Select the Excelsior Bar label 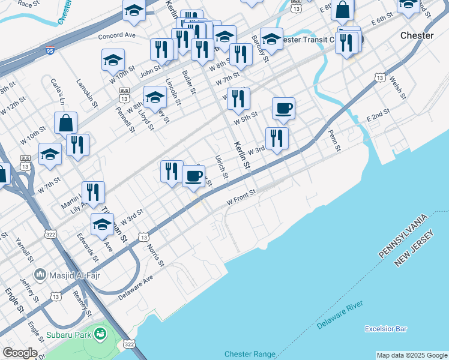(386, 329)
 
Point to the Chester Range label (250, 354)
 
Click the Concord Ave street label (118, 35)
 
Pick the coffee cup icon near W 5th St (283, 108)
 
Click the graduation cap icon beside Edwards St (102, 224)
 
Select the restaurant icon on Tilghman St (93, 192)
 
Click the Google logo (20, 353)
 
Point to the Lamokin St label (87, 92)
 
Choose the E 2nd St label (379, 115)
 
